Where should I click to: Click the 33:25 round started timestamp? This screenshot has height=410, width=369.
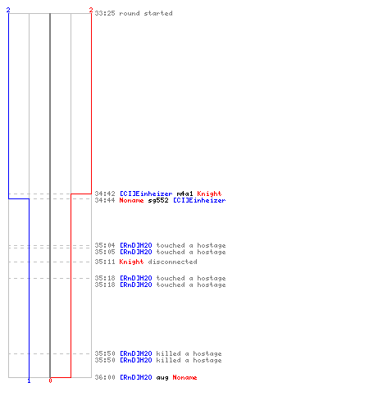(105, 13)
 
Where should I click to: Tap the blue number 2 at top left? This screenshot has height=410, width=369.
(8, 10)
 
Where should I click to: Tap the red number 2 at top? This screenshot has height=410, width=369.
(91, 10)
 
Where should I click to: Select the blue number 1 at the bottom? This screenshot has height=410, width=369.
(29, 380)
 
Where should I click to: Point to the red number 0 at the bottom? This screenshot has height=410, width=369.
(50, 380)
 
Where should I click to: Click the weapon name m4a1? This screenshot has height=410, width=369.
(184, 194)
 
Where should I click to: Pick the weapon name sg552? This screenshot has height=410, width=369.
(158, 200)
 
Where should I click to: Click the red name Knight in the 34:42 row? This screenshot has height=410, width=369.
(209, 194)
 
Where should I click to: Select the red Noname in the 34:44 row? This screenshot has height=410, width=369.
(131, 200)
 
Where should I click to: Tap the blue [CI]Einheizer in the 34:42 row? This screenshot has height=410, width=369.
(146, 194)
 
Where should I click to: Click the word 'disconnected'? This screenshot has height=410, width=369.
(172, 262)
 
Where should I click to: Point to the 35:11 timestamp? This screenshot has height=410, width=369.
(105, 262)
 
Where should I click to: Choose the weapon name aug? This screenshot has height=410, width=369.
(162, 378)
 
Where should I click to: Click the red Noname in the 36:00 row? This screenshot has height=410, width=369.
(184, 377)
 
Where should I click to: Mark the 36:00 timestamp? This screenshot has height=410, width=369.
(105, 377)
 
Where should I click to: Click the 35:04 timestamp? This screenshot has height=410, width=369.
(105, 245)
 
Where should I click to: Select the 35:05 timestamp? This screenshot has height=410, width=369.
(105, 252)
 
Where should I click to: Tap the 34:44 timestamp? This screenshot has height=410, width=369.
(105, 200)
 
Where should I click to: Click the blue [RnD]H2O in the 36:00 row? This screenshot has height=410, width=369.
(136, 377)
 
